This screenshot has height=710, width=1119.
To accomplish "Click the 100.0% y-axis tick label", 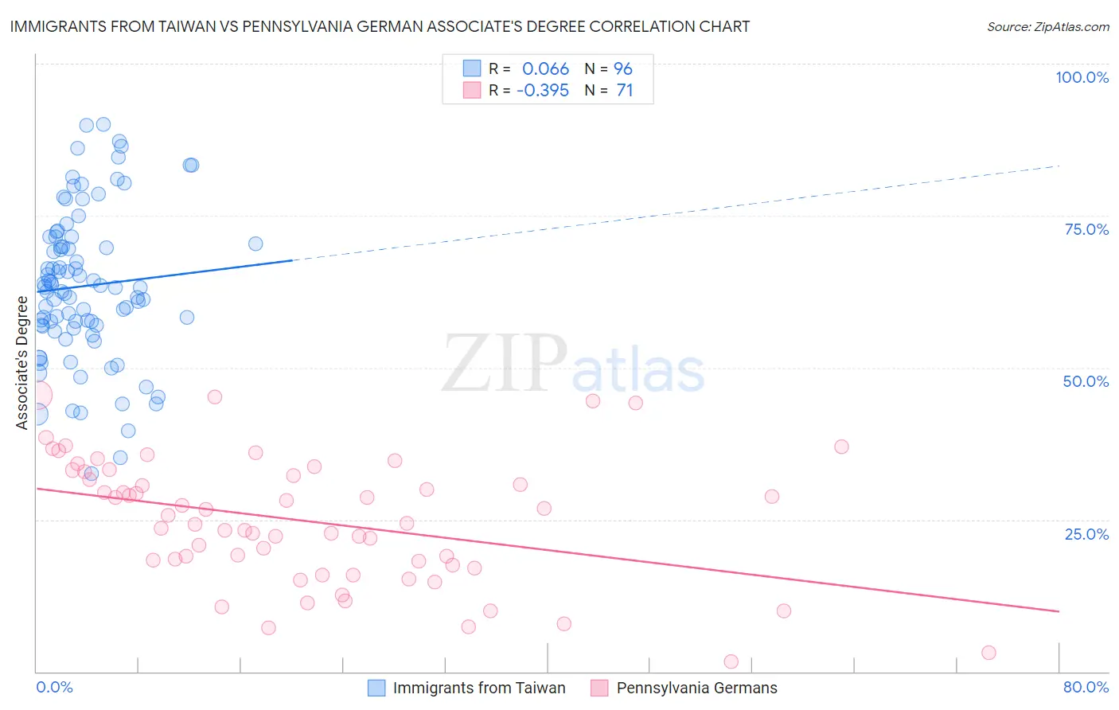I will click(x=1082, y=77).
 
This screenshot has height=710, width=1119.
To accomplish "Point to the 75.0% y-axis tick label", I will click(x=1086, y=229).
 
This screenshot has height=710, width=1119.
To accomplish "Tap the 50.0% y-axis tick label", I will click(x=1086, y=381).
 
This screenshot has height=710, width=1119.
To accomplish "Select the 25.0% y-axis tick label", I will click(x=1086, y=534).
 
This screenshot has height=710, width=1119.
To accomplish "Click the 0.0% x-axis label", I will click(x=54, y=687).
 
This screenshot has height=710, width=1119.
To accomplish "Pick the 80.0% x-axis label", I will click(x=1086, y=687).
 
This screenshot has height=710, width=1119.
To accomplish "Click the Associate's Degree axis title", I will click(x=22, y=363).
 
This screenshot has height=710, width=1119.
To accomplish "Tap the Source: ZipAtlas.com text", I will click(x=1047, y=27).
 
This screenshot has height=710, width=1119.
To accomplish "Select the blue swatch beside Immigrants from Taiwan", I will click(x=376, y=688).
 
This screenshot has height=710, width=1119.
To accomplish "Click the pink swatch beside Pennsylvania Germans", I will click(x=599, y=688).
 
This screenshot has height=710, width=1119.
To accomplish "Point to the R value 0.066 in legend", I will click(x=545, y=69).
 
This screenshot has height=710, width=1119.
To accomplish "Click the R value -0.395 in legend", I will click(x=543, y=91).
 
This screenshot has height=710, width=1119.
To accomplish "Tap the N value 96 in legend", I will click(x=623, y=69).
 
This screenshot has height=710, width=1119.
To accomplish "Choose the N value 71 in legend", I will click(x=625, y=91).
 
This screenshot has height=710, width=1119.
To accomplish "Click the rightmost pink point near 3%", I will click(x=988, y=653).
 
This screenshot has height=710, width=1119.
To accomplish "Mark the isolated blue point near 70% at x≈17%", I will click(x=255, y=244).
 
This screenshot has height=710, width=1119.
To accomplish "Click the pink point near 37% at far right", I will click(x=841, y=447).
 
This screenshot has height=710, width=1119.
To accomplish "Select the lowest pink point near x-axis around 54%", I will click(x=731, y=661).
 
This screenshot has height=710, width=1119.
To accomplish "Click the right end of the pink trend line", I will click(x=1059, y=611).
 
